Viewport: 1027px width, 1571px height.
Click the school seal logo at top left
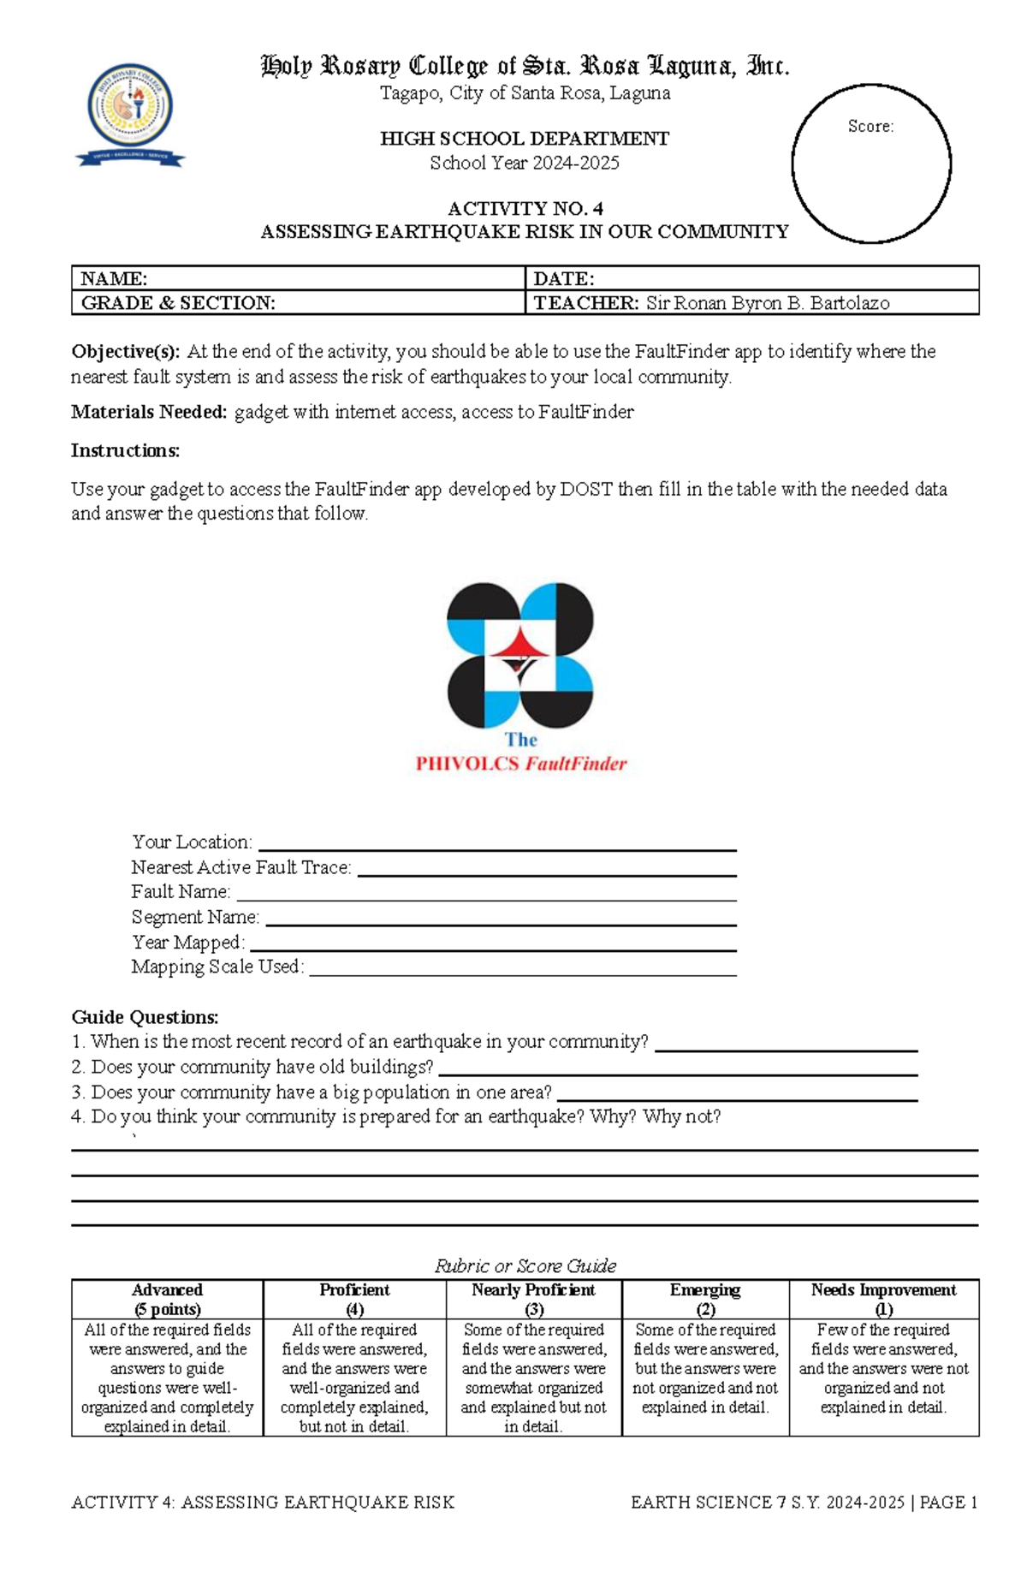(130, 115)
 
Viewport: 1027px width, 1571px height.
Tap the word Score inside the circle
(870, 127)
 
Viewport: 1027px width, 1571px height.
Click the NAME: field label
(114, 278)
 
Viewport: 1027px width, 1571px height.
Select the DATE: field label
(563, 278)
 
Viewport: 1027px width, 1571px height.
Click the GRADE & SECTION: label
(178, 303)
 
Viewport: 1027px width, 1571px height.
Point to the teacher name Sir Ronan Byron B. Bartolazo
(767, 303)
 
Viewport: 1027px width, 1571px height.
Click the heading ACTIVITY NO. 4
(525, 208)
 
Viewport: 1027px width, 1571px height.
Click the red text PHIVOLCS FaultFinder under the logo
(521, 764)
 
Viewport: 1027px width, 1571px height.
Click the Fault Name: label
(181, 892)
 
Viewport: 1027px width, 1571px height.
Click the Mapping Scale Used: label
(217, 967)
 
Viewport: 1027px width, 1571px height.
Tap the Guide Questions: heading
(145, 1017)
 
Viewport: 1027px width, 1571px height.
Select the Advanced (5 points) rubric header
(167, 1299)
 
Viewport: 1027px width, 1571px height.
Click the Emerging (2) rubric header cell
(704, 1299)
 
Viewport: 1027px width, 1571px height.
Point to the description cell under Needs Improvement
(883, 1368)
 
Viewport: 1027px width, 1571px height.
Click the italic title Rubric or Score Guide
(525, 1265)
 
